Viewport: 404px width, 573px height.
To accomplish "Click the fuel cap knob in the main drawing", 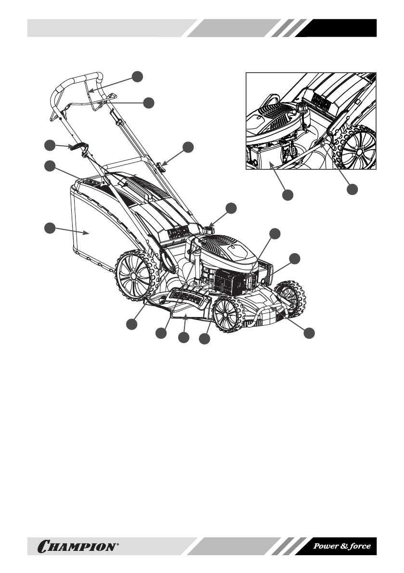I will pyautogui.click(x=209, y=230).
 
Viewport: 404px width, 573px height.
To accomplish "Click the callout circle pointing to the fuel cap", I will pyautogui.click(x=232, y=208).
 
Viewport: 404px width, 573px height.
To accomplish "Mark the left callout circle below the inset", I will pyautogui.click(x=287, y=195).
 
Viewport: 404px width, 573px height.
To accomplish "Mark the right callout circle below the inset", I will pyautogui.click(x=353, y=190).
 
